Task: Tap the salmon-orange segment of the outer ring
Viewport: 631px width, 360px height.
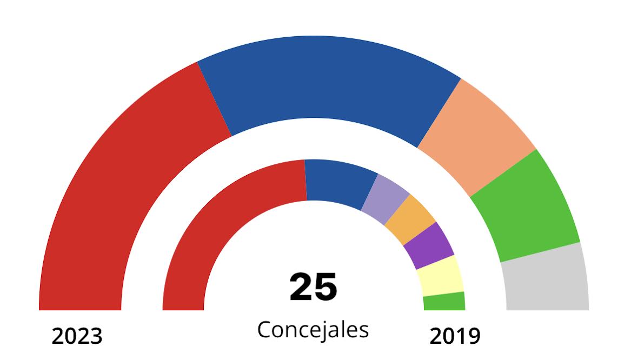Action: [x=476, y=135]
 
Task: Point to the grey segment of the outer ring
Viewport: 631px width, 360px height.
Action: [x=546, y=281]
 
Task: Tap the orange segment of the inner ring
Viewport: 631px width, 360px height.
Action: [x=409, y=219]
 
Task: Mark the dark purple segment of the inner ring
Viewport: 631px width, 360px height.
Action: [x=429, y=245]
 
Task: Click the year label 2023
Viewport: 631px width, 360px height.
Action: [x=77, y=337]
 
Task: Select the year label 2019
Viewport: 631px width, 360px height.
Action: [x=455, y=337]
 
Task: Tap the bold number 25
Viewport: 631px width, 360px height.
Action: [x=314, y=287]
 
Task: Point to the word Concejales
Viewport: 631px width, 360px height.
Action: [x=313, y=329]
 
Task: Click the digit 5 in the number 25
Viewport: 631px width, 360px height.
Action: [x=326, y=287]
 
